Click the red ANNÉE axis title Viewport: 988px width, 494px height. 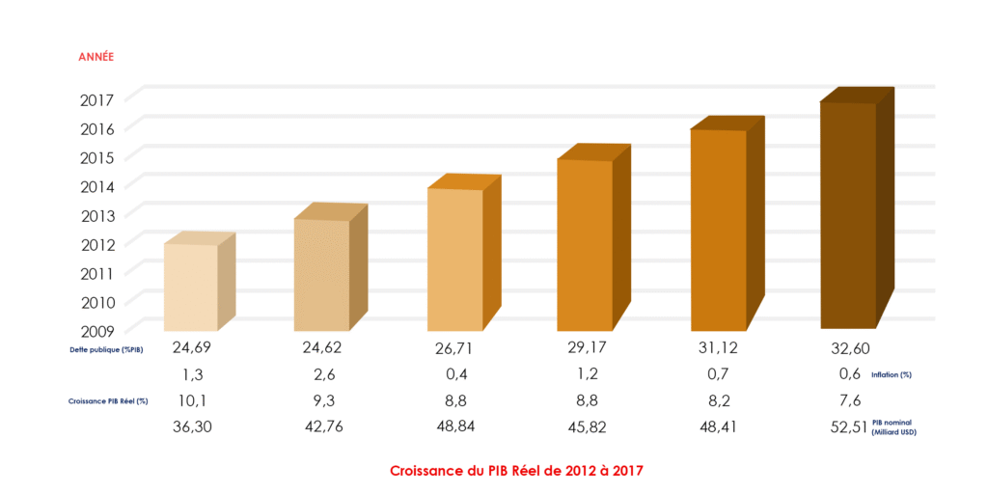coord(96,57)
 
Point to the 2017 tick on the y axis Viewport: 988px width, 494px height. coord(97,99)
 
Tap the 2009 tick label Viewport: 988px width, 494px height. coord(97,330)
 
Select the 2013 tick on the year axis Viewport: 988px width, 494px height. coord(97,215)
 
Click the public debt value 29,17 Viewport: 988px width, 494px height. coord(586,346)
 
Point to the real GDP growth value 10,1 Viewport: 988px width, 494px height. coord(190,400)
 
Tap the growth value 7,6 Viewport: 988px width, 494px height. coord(848,400)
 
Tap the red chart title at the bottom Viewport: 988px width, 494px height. coord(516,472)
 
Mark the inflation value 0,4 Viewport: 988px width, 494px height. coord(454,374)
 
